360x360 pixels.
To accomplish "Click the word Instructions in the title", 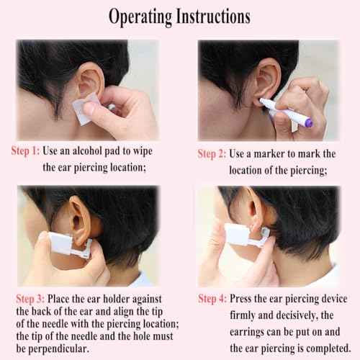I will [214, 17].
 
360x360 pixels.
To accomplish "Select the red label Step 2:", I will [212, 154].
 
